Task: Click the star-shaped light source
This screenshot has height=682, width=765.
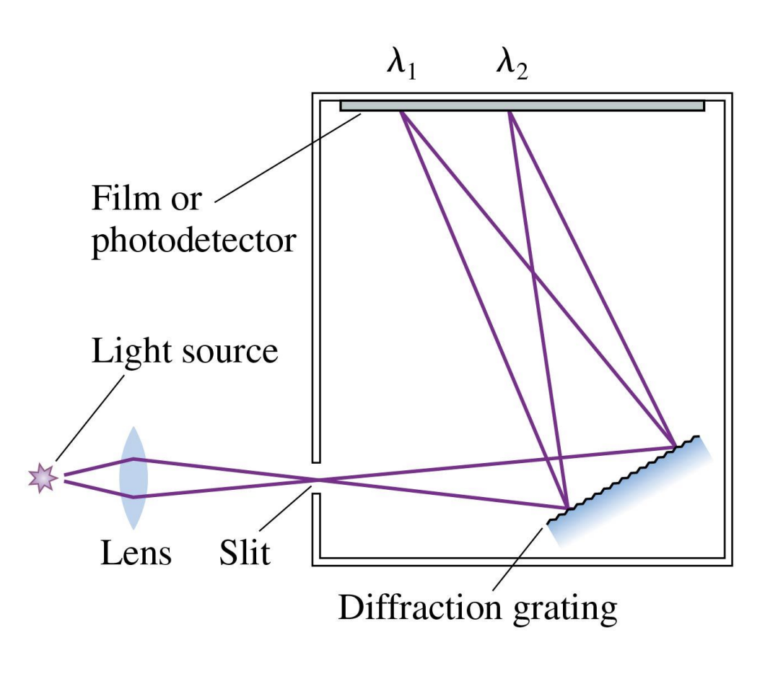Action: (x=43, y=478)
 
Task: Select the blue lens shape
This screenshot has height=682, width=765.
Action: (x=134, y=478)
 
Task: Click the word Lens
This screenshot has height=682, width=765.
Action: (x=136, y=554)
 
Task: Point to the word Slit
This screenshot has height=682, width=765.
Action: (x=245, y=554)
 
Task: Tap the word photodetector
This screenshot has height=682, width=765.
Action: (x=193, y=240)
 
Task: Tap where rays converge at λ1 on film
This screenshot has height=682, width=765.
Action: (x=401, y=112)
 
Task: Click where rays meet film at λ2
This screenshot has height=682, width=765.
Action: (x=511, y=112)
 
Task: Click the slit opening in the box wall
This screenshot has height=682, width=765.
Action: (x=316, y=479)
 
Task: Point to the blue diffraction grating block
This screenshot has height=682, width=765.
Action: (x=635, y=491)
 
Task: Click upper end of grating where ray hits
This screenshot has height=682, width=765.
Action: (x=675, y=446)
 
